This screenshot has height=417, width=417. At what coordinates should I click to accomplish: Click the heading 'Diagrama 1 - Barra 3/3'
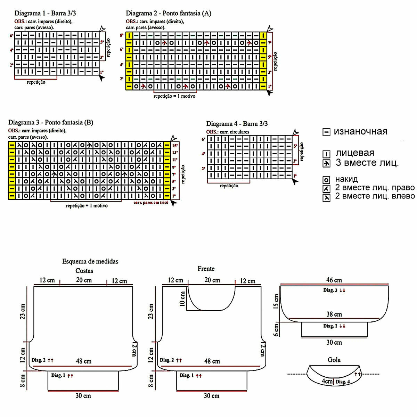45,14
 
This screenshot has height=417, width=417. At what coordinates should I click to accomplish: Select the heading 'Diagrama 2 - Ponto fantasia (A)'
169,14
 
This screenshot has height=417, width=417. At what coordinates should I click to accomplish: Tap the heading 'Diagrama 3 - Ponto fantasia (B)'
51,122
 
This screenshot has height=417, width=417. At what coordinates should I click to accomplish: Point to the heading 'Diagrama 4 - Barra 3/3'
237,124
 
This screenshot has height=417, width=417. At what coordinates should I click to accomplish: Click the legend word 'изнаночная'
360,132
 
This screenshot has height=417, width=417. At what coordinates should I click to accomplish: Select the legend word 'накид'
346,180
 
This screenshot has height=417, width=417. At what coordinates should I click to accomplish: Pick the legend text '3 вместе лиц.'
367,163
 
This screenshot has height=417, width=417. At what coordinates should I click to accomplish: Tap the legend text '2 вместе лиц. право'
375,188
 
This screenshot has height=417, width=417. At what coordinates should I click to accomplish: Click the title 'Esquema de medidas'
90,261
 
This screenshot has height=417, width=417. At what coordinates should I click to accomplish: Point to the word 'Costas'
84,271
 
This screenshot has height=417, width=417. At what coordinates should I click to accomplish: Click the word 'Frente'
206,269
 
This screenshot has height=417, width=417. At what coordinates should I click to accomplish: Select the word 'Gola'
334,360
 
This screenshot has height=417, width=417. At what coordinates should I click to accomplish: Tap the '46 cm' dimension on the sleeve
334,280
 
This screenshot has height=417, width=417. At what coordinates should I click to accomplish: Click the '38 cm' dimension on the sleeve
334,314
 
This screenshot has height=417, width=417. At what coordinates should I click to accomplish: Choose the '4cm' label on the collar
327,381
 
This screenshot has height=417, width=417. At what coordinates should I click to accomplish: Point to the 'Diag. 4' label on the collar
343,382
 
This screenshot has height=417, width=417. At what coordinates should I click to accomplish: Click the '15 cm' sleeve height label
276,301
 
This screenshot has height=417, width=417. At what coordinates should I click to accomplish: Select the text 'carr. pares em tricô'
151,202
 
